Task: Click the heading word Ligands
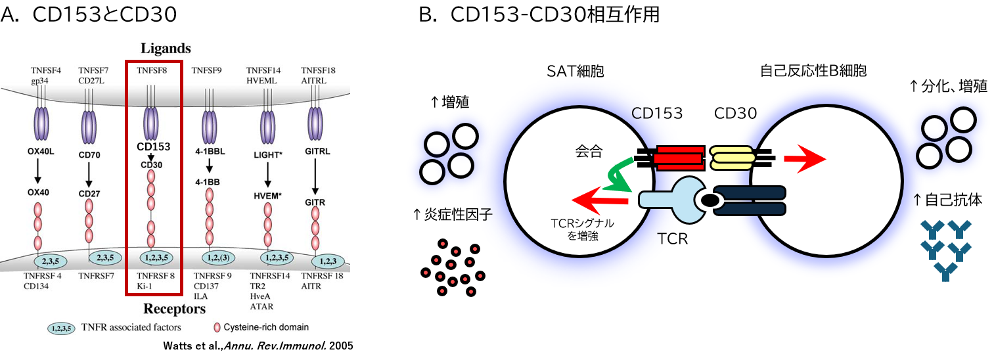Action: click(165, 49)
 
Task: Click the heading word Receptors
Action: click(173, 309)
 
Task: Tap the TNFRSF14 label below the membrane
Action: click(269, 277)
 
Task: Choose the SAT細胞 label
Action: click(574, 70)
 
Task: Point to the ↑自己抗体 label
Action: click(945, 199)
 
